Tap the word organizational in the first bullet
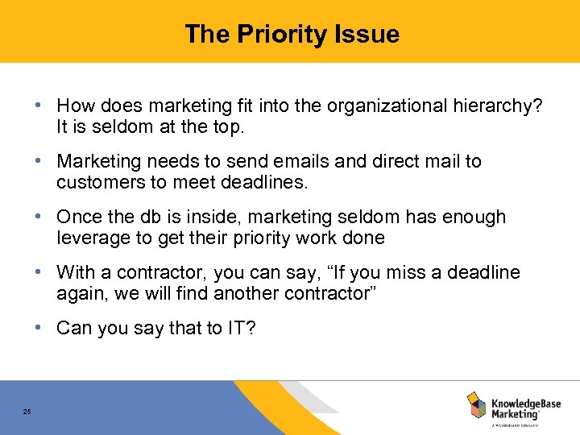click(x=375, y=106)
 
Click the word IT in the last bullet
click(x=237, y=329)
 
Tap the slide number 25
click(x=27, y=412)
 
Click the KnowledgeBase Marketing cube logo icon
click(x=476, y=404)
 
